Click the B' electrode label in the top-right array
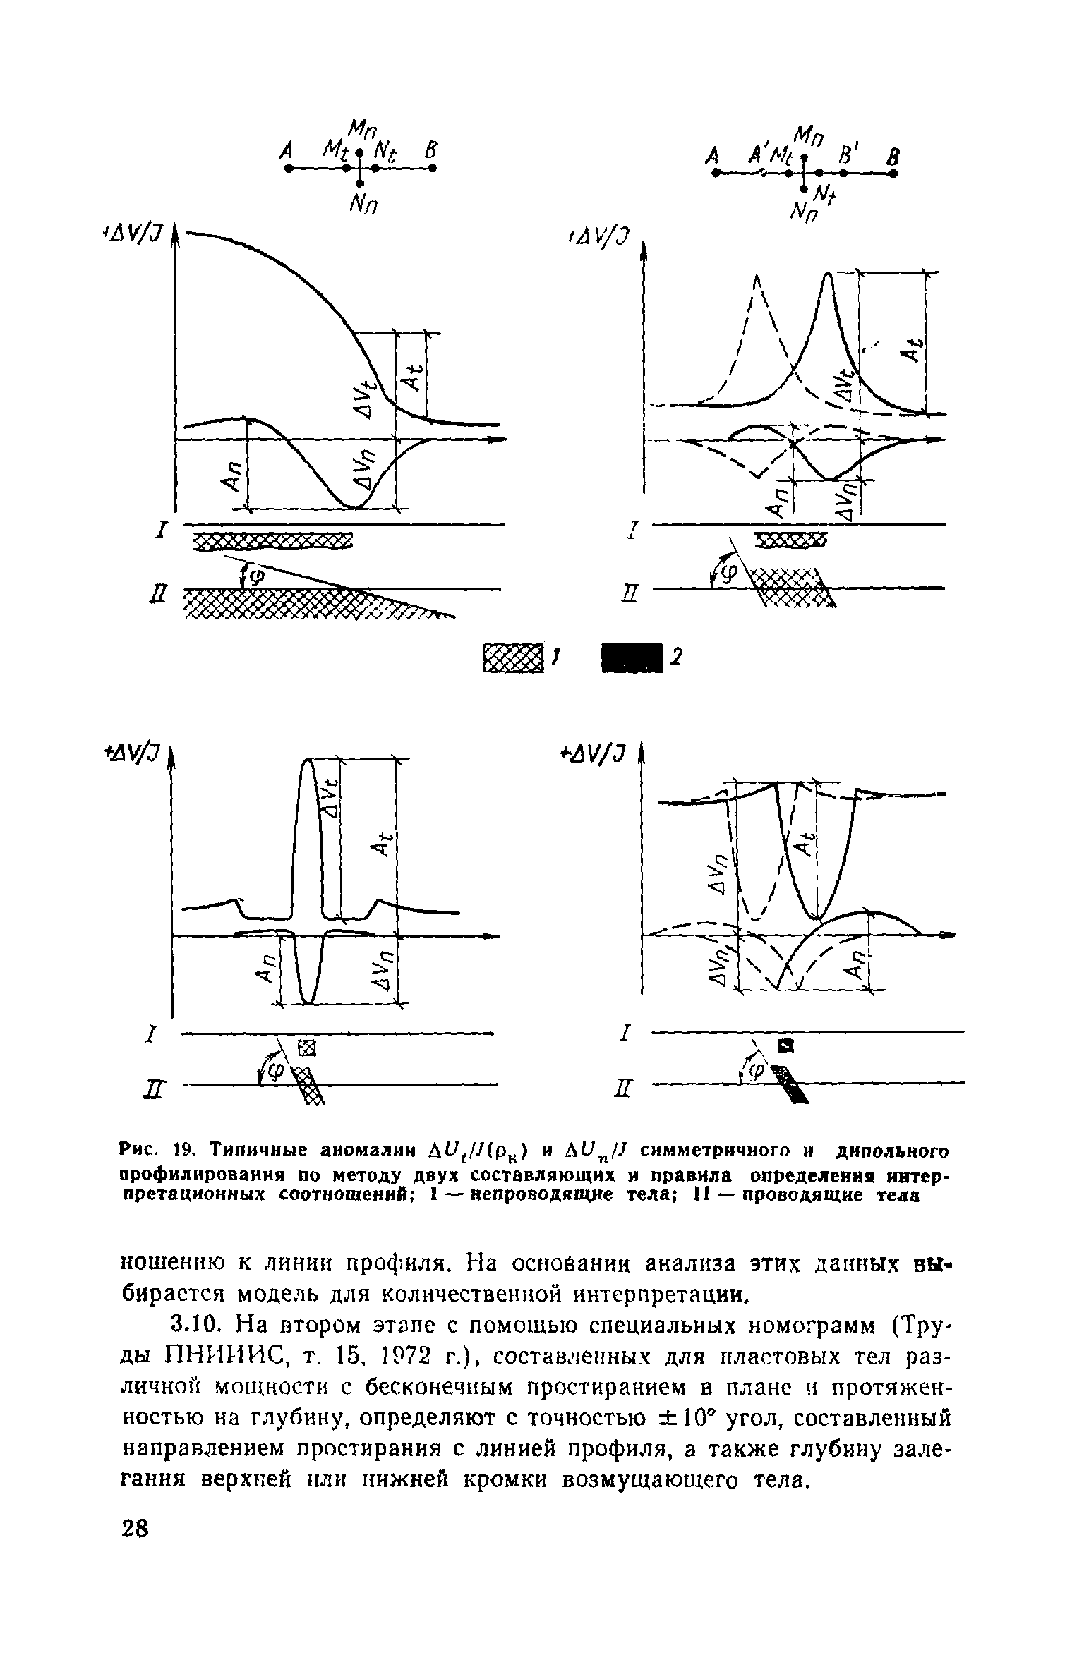click(x=845, y=154)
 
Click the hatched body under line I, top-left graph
click(x=272, y=541)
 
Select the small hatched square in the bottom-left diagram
click(x=306, y=1049)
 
